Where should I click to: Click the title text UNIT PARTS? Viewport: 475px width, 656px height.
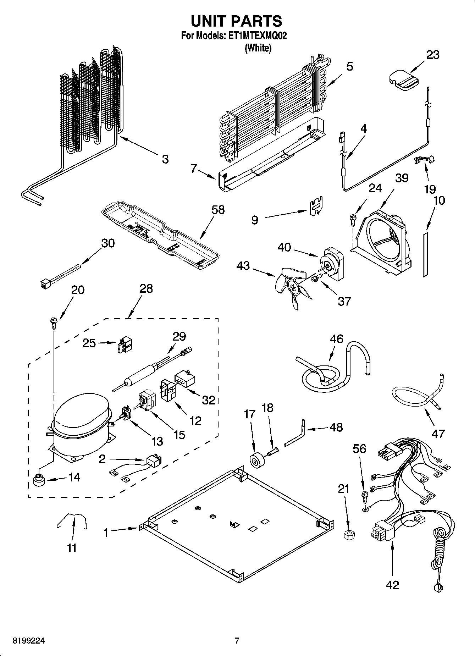[237, 21]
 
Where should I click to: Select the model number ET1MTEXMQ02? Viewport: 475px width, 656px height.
[254, 36]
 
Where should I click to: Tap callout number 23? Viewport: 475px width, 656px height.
[433, 55]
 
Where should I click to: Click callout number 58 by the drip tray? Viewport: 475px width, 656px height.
[218, 210]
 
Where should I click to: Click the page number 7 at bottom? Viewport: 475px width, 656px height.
[237, 641]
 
